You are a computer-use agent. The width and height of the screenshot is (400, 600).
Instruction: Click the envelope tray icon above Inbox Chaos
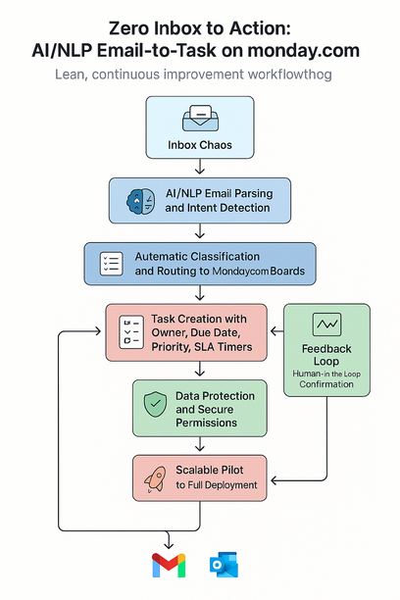199,118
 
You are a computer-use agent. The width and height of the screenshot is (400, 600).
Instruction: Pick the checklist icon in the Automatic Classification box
111,262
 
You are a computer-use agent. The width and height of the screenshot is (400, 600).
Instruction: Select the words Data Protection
215,397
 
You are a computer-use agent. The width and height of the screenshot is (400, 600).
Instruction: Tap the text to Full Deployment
216,485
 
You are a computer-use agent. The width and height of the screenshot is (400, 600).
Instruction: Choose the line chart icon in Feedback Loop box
326,325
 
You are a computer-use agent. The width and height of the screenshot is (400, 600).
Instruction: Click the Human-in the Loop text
326,374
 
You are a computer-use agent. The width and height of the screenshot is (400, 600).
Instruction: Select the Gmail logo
169,566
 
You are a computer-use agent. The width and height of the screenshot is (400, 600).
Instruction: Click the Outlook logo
224,566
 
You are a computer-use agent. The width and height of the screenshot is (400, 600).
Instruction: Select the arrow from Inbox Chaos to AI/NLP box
200,168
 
